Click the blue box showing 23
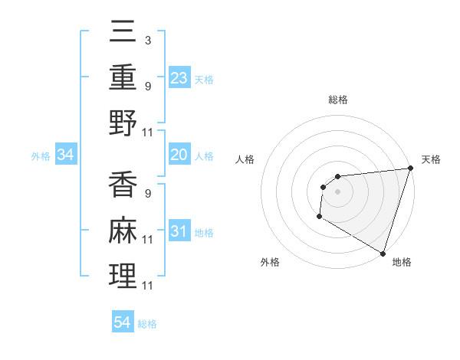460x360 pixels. tap(179, 77)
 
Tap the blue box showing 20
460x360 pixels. tap(179, 155)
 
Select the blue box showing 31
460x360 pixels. tap(179, 231)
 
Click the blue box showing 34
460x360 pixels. tap(66, 155)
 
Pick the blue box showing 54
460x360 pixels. tap(123, 322)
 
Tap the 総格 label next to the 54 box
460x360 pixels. tap(147, 324)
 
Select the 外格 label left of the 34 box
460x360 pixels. tap(41, 156)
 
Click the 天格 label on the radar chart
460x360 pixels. tap(431, 159)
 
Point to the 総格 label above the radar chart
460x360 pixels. tap(338, 100)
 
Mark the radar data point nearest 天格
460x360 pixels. tap(410, 169)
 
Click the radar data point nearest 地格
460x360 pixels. tap(383, 253)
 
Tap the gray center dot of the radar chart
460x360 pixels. tap(337, 191)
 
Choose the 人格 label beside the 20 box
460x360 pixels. tap(204, 155)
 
